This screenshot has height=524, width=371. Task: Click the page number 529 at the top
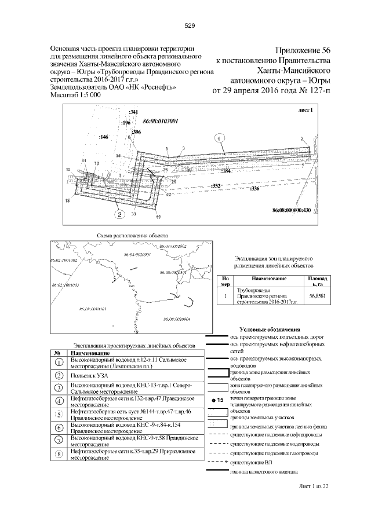click(189, 25)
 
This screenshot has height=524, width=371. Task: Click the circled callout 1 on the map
click(219, 138)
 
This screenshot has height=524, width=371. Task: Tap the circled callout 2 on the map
click(119, 214)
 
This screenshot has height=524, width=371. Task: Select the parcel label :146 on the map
click(104, 137)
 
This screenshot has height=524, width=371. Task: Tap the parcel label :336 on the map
click(254, 189)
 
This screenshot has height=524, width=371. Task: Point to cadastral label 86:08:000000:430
click(291, 210)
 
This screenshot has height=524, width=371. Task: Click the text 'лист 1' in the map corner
click(305, 109)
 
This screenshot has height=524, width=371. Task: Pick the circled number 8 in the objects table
click(59, 454)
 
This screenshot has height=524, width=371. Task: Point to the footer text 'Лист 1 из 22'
click(312, 486)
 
